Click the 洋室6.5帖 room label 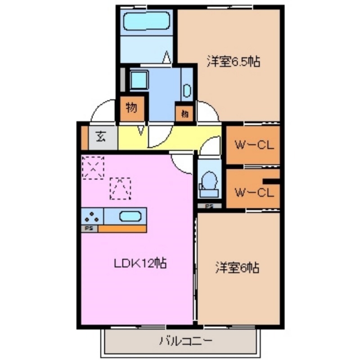[x=234, y=62]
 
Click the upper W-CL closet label [x=254, y=145]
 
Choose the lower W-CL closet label [x=254, y=193]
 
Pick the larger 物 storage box [x=131, y=108]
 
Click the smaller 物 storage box [x=184, y=114]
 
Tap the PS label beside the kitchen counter [x=89, y=229]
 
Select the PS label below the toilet [x=209, y=207]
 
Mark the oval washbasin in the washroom [x=187, y=91]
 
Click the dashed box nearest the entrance [x=93, y=167]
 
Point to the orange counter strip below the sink [x=122, y=229]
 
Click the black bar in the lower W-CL [x=271, y=181]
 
